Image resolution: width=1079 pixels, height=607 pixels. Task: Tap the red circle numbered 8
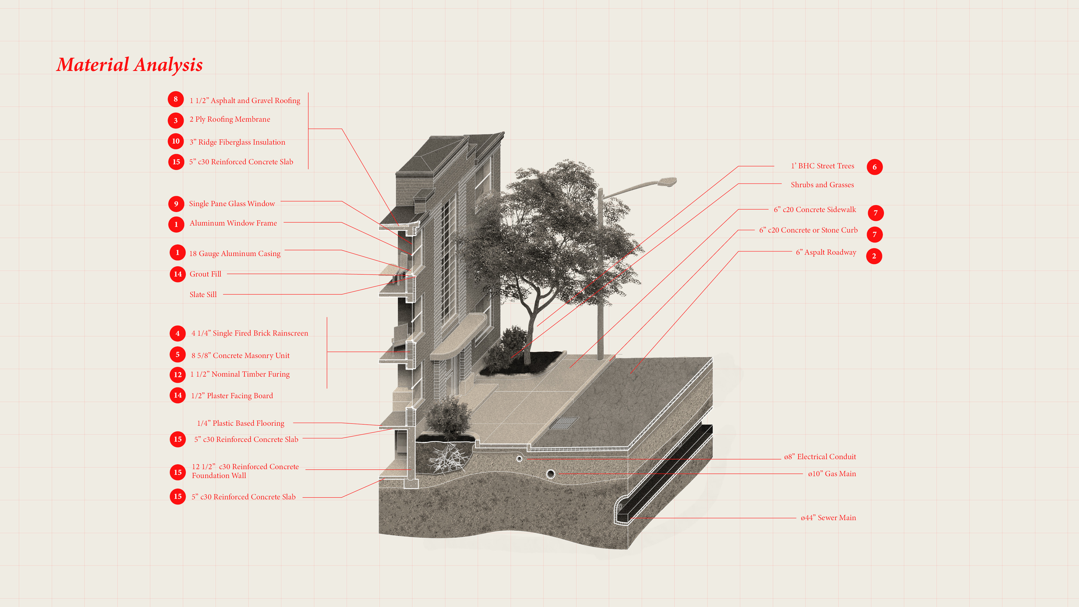pyautogui.click(x=176, y=99)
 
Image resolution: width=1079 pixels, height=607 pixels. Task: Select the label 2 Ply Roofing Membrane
pyautogui.click(x=230, y=120)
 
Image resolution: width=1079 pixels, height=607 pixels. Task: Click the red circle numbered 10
pyautogui.click(x=176, y=141)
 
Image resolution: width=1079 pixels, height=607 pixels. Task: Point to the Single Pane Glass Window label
pyautogui.click(x=232, y=204)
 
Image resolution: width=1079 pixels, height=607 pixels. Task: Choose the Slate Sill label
pyautogui.click(x=203, y=295)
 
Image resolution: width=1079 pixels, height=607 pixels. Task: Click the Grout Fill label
pyautogui.click(x=205, y=274)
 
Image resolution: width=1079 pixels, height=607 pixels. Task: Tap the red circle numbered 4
pyautogui.click(x=177, y=333)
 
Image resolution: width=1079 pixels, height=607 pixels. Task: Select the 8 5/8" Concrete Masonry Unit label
pyautogui.click(x=240, y=356)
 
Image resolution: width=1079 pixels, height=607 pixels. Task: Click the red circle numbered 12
pyautogui.click(x=177, y=374)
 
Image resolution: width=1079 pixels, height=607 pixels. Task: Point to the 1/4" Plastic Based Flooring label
pyautogui.click(x=240, y=423)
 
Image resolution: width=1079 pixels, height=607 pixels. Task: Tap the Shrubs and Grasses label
pyautogui.click(x=822, y=185)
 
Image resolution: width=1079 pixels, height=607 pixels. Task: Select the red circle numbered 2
pyautogui.click(x=874, y=256)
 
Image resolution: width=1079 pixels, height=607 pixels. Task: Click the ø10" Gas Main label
pyautogui.click(x=832, y=474)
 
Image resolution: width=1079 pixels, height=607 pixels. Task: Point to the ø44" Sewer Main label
pyautogui.click(x=828, y=518)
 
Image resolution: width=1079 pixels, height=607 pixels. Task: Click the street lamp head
pyautogui.click(x=666, y=181)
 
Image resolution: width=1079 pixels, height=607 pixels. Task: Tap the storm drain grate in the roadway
pyautogui.click(x=564, y=423)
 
